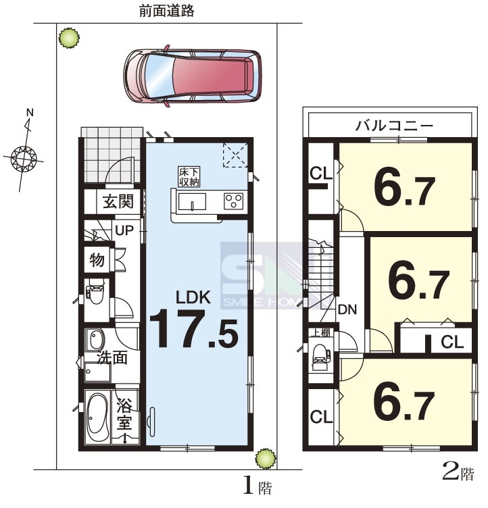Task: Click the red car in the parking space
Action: click(x=193, y=76)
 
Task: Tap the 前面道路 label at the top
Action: click(x=167, y=11)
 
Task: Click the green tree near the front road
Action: click(x=69, y=38)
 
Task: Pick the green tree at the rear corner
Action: click(x=266, y=459)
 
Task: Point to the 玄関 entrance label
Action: click(x=118, y=201)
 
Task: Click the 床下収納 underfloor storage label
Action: click(x=189, y=177)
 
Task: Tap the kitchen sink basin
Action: click(x=192, y=202)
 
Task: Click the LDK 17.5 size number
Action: click(x=194, y=328)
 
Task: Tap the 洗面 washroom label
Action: click(x=112, y=357)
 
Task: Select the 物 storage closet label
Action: click(x=97, y=259)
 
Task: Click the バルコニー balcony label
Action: click(x=394, y=125)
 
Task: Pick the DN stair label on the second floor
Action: click(x=347, y=309)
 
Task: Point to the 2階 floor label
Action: click(x=458, y=474)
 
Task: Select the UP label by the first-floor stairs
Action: click(x=124, y=230)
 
